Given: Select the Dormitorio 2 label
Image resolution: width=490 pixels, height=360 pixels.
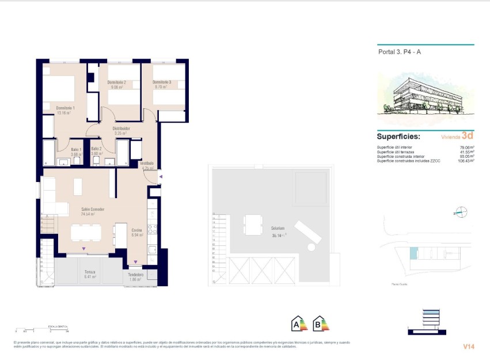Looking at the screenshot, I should click(116, 82).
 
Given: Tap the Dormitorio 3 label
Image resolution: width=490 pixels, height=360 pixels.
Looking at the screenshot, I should click(162, 82).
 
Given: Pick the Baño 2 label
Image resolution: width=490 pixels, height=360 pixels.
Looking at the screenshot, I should click(97, 149).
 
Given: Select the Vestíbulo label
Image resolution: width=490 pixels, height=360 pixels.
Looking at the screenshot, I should click(147, 164).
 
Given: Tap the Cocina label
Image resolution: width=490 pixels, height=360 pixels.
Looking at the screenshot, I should click(136, 230).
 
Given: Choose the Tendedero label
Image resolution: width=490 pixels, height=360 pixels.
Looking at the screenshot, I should click(135, 275).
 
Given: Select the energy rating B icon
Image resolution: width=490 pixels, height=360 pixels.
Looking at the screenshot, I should click(320, 324).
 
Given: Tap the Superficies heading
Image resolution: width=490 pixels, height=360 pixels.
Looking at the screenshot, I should click(398, 137).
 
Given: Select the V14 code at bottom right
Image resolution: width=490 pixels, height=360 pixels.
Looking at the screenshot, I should click(468, 346).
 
